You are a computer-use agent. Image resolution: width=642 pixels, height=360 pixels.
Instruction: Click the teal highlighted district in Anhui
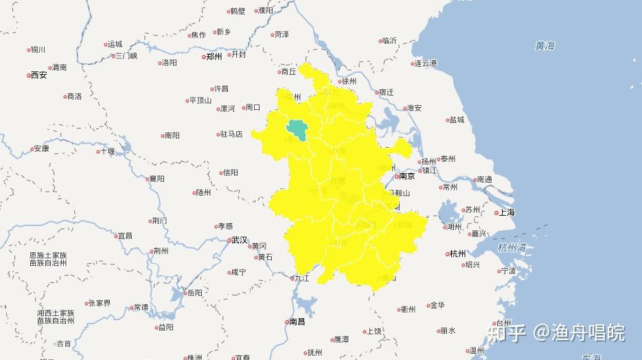click(x=297, y=128)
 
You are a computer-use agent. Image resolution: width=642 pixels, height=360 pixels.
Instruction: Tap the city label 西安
click(x=39, y=75)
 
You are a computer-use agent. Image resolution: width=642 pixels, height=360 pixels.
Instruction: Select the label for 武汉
click(x=239, y=240)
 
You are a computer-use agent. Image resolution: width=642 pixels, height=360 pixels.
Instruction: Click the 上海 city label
click(x=507, y=212)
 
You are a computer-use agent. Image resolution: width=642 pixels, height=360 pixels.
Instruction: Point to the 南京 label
click(x=407, y=176)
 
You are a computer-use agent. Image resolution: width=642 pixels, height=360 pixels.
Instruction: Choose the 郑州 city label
click(x=214, y=57)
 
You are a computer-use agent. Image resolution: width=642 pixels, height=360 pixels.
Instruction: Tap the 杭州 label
click(x=457, y=254)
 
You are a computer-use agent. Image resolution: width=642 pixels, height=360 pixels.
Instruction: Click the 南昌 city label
click(x=297, y=322)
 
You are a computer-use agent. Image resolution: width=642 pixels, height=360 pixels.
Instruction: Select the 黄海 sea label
click(x=544, y=46)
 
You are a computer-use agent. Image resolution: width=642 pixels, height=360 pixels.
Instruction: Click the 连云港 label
click(x=426, y=63)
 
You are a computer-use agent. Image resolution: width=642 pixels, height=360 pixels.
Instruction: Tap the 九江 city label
click(x=302, y=278)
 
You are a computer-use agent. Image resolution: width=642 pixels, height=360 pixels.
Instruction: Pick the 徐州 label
click(x=349, y=80)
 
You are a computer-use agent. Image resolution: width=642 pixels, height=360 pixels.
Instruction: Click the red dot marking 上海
click(x=496, y=213)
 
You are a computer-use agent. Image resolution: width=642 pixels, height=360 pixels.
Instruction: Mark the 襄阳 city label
click(x=157, y=179)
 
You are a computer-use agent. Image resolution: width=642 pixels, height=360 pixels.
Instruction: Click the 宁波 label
click(x=508, y=271)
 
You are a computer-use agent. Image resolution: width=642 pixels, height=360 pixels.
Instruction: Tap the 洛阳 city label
click(x=169, y=63)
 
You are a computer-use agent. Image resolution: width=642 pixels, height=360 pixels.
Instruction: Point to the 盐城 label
click(x=457, y=120)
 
